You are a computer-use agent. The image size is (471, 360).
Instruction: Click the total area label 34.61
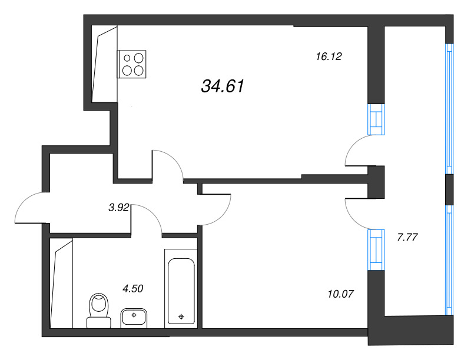tap(223, 86)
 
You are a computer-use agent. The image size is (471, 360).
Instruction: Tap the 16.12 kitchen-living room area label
tap(329, 56)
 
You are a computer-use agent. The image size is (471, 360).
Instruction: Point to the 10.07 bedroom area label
tap(341, 294)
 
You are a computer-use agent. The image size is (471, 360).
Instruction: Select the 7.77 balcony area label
tap(407, 237)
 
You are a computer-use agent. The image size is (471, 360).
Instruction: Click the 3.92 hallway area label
tap(119, 207)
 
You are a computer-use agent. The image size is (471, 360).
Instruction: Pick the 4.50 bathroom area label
tap(133, 289)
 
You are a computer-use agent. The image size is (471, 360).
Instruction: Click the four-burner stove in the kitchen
tap(131, 64)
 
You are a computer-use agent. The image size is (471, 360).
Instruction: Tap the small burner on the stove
tap(127, 58)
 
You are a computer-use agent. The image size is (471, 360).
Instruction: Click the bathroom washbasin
tap(134, 318)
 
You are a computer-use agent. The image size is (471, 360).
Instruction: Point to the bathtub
tap(181, 289)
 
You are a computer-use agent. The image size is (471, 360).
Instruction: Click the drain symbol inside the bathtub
tap(181, 316)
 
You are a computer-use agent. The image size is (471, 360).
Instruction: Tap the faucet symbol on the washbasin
tap(134, 315)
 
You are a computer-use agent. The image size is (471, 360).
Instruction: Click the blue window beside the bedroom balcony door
tap(376, 249)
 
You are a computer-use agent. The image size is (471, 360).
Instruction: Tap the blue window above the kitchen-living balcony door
tap(376, 119)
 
